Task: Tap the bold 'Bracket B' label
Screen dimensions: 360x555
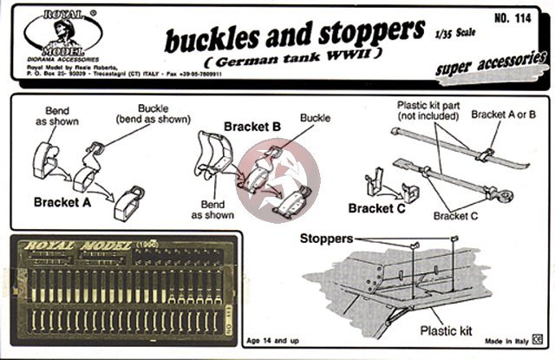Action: [252, 127]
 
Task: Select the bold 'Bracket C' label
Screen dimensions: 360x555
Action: [376, 208]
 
